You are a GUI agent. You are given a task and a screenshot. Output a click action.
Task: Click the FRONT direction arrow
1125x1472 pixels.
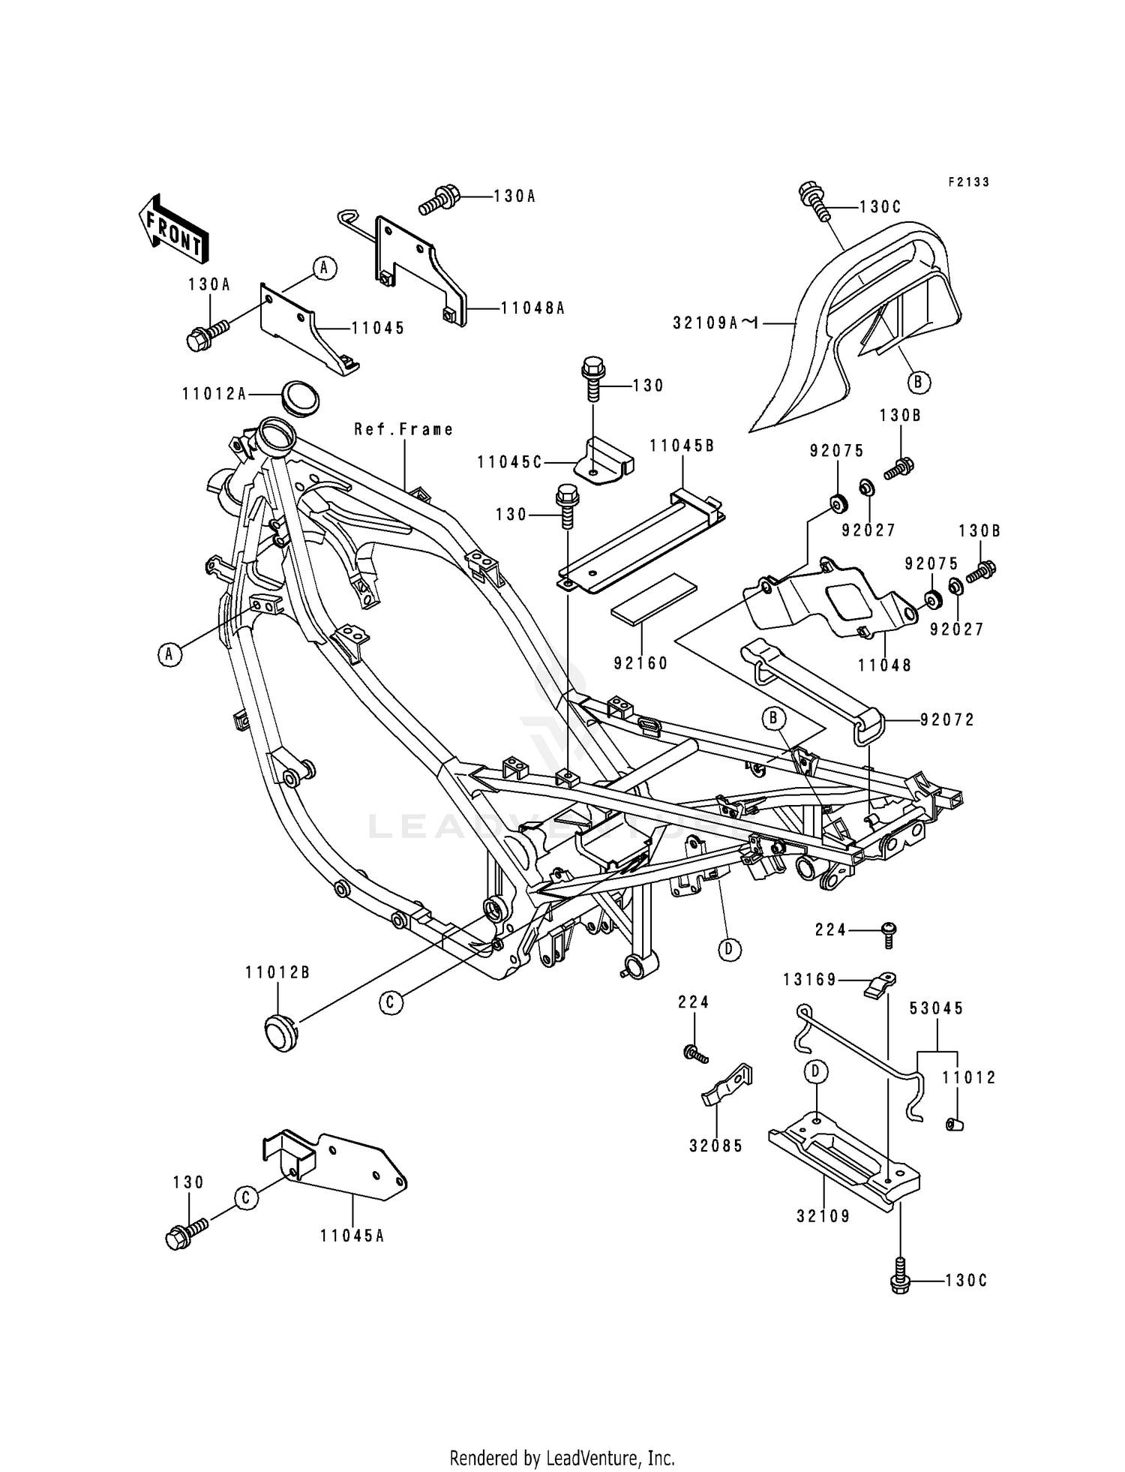172,229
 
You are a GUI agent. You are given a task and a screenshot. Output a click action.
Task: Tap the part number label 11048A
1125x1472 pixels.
532,308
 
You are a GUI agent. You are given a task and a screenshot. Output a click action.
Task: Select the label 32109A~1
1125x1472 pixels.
716,323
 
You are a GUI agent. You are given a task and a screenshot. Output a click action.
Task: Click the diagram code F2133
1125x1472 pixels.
968,182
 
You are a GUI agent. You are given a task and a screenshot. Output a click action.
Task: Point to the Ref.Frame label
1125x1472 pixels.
403,429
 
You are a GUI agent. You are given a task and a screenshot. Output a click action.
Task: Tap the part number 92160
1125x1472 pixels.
640,663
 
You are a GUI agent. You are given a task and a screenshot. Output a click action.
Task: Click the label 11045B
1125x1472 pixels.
682,446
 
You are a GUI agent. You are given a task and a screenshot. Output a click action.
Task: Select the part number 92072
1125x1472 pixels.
947,719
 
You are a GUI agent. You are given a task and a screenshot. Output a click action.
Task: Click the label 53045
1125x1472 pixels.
937,1008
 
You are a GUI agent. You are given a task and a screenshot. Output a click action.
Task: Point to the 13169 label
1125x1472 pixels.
809,980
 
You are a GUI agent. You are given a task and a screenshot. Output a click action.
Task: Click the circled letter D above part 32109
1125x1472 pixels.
817,1071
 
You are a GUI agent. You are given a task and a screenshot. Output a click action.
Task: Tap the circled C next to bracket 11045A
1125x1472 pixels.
245,1197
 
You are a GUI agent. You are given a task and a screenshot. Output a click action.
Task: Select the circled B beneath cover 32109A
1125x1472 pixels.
917,383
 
